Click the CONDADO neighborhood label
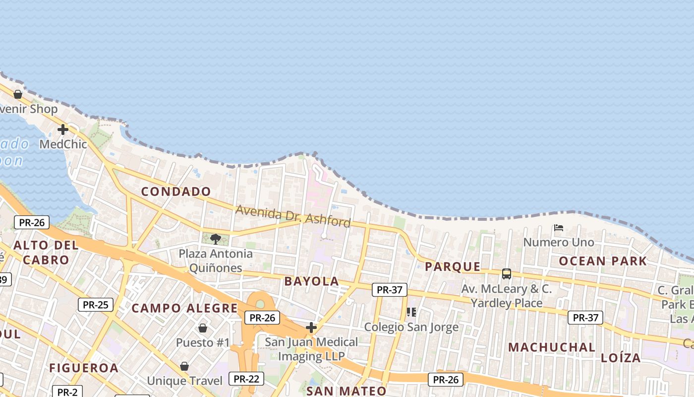click(x=176, y=192)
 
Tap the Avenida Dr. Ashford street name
click(x=293, y=216)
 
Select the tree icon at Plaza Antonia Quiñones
click(x=216, y=239)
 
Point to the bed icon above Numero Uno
click(x=559, y=228)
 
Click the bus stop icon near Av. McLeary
click(x=506, y=274)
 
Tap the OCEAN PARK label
click(x=603, y=261)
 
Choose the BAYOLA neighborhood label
click(x=311, y=281)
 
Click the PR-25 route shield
click(x=95, y=304)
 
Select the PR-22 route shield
click(x=246, y=379)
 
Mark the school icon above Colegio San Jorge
click(x=411, y=312)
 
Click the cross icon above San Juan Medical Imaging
click(x=311, y=328)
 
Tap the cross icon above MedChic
click(x=62, y=130)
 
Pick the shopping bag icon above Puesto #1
click(x=203, y=328)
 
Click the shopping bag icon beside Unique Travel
click(x=184, y=366)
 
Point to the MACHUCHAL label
click(x=551, y=347)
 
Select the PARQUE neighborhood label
click(x=453, y=267)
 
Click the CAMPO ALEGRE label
click(x=184, y=308)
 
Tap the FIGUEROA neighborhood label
click(x=83, y=368)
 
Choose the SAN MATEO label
click(x=346, y=391)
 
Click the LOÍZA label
click(x=621, y=358)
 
